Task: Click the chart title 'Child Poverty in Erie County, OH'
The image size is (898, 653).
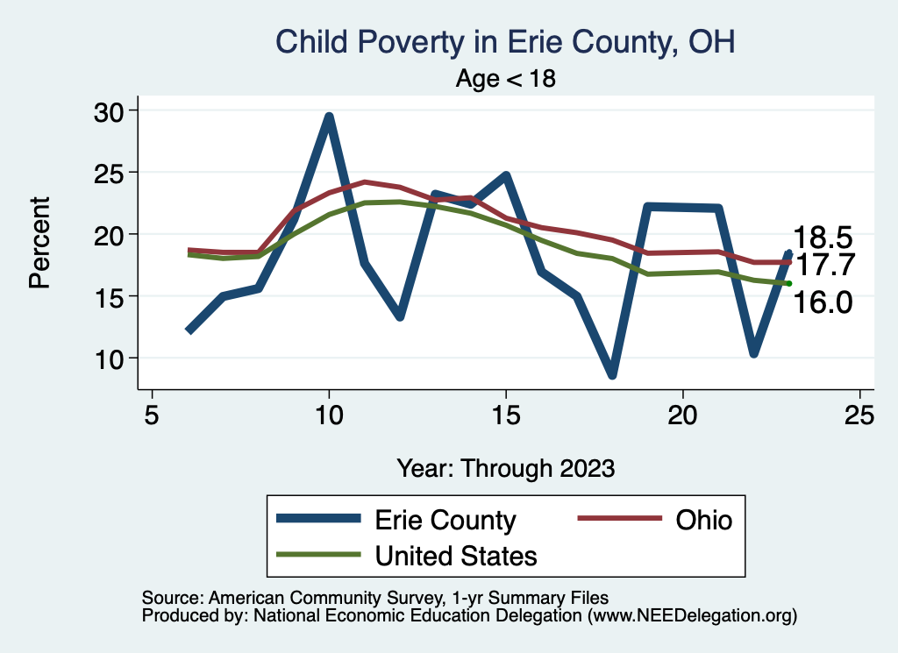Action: coord(504,41)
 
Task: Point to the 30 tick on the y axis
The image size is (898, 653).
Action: coord(110,110)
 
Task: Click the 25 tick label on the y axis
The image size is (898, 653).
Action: coord(110,173)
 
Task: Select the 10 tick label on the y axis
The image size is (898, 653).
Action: coord(110,358)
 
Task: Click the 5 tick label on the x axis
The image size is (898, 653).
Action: coord(152,415)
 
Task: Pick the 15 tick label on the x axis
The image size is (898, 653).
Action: coord(505,415)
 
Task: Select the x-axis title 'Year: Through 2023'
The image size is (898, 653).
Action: coord(505,467)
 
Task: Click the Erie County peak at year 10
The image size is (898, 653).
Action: coord(329,117)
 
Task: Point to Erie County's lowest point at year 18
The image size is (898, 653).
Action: coord(612,374)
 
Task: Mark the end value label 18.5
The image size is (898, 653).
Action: coord(823,238)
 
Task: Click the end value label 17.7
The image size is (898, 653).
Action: coord(823,264)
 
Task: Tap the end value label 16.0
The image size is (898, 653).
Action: coord(823,302)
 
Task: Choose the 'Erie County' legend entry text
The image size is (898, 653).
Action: coord(445,520)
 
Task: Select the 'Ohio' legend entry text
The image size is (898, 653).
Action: coord(703,520)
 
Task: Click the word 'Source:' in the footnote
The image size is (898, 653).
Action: coord(172,597)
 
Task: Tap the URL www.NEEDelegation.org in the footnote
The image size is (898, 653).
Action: coord(692,615)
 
